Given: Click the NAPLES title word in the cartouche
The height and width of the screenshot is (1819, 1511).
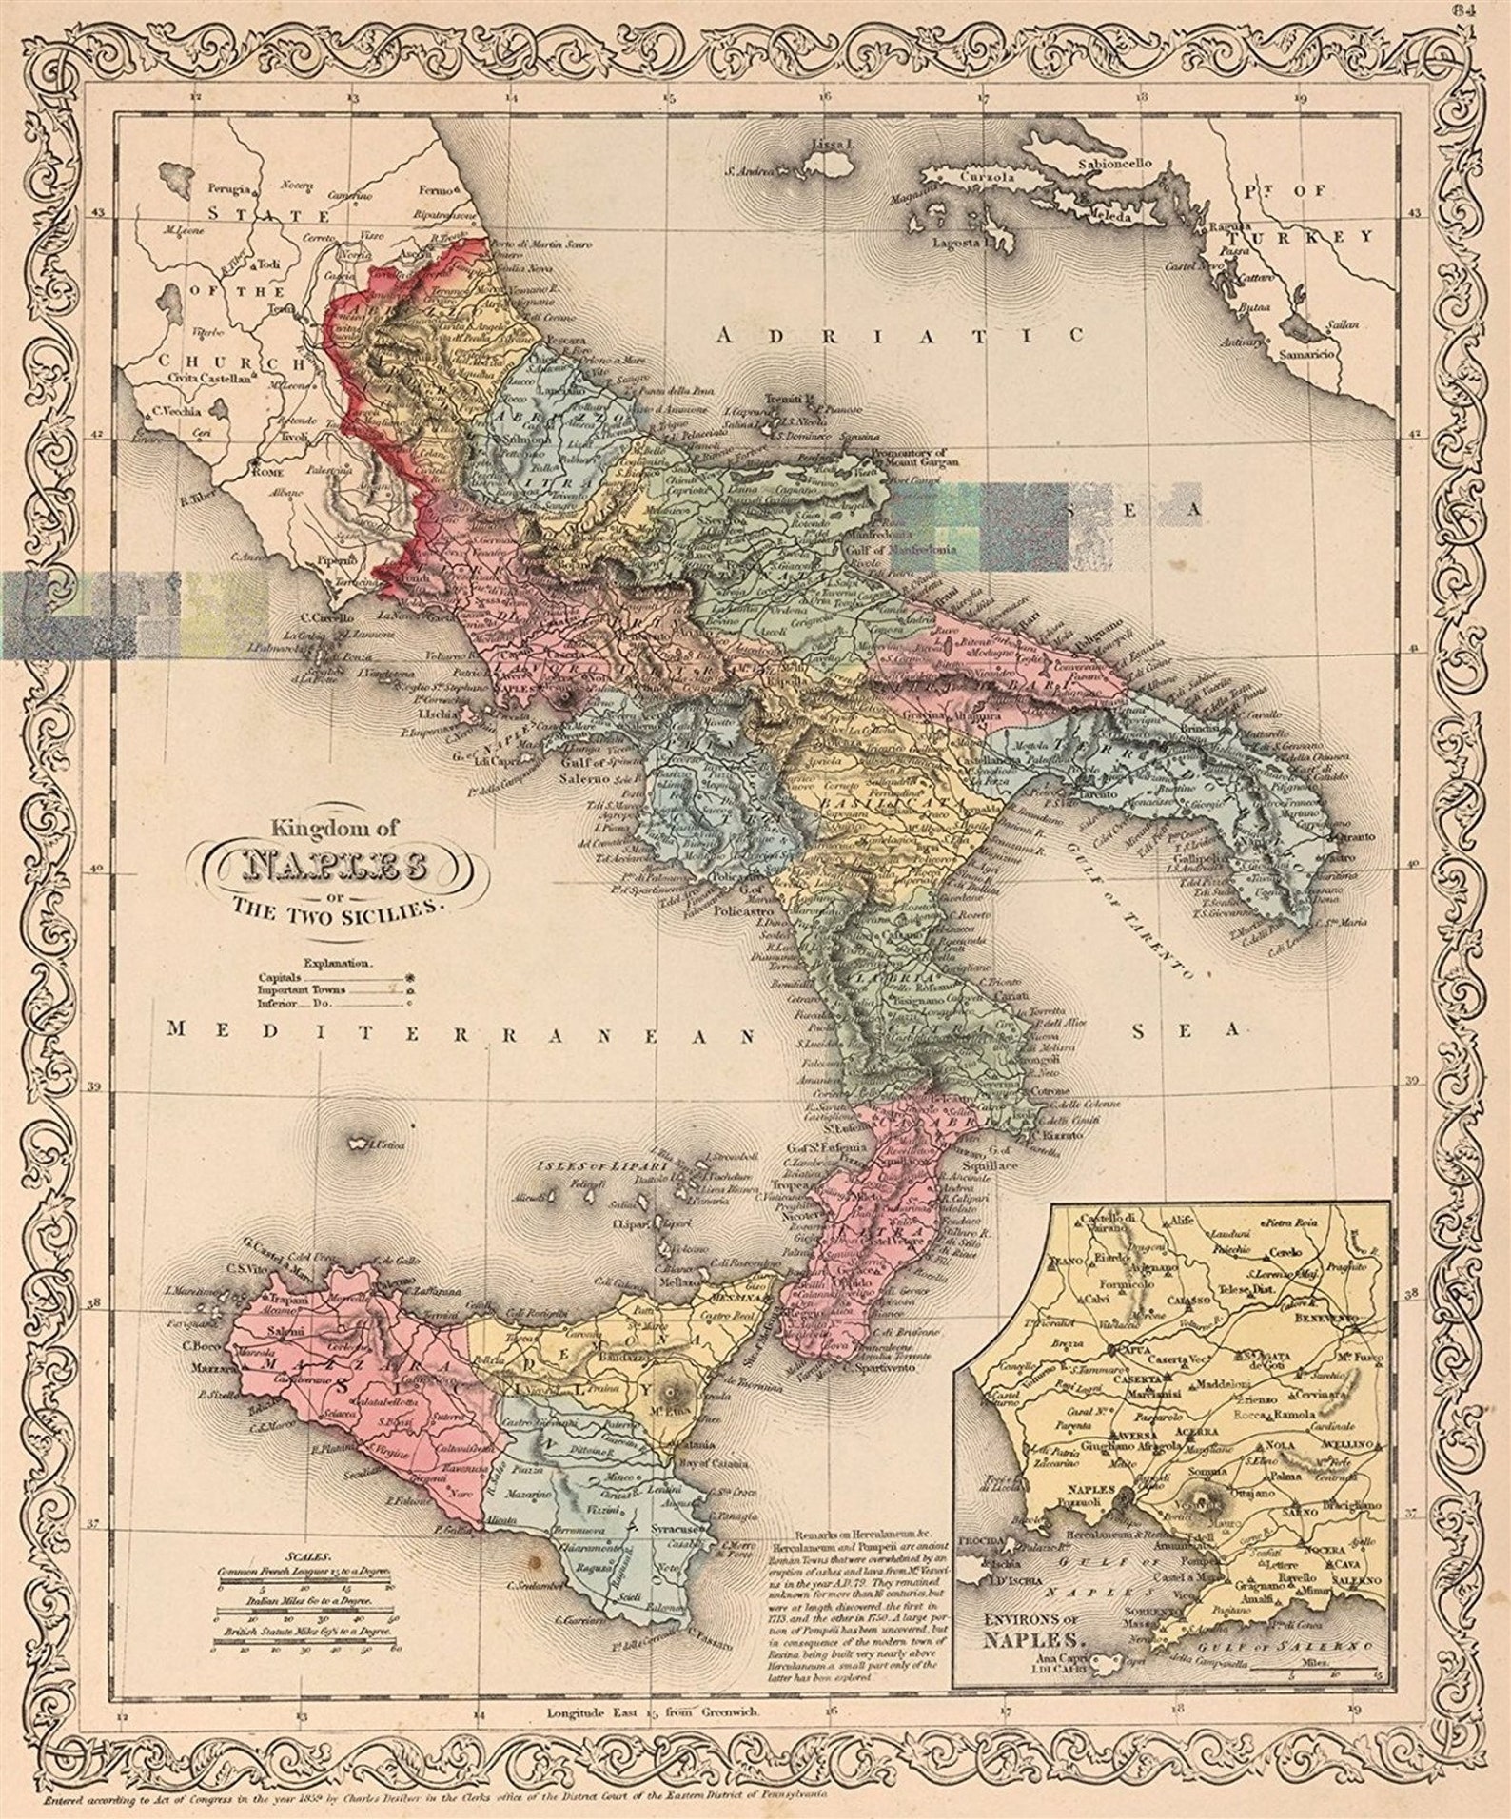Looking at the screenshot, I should coord(335,867).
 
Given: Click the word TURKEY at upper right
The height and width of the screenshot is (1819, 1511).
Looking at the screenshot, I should coord(1315,236).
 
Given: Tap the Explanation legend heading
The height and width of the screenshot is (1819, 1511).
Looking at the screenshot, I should coord(339,963).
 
